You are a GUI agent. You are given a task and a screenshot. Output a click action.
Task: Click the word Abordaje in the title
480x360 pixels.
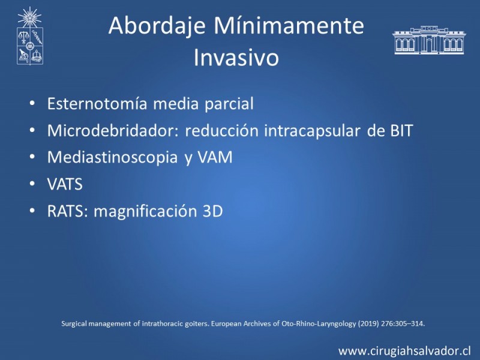click(157, 26)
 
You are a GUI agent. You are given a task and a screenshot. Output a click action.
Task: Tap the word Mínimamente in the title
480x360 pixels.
click(289, 25)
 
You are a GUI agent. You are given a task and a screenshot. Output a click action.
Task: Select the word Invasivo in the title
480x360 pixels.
click(236, 57)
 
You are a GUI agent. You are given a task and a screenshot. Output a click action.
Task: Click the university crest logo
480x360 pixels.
click(29, 36)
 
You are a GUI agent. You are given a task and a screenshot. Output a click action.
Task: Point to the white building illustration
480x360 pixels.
click(429, 40)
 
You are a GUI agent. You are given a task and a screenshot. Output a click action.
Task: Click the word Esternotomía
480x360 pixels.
click(97, 103)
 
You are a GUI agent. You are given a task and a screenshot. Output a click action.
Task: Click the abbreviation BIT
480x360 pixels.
click(401, 131)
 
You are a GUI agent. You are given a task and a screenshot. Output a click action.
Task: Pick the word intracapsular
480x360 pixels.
click(312, 131)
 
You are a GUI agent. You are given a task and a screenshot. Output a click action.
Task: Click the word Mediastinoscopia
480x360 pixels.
click(112, 158)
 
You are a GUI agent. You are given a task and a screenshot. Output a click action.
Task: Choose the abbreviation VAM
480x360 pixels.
click(215, 158)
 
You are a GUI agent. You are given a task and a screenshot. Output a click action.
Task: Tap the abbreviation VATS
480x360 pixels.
click(65, 184)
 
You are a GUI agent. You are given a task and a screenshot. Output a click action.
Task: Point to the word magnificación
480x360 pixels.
click(145, 212)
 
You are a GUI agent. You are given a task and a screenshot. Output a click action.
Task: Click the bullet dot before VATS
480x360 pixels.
click(32, 184)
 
